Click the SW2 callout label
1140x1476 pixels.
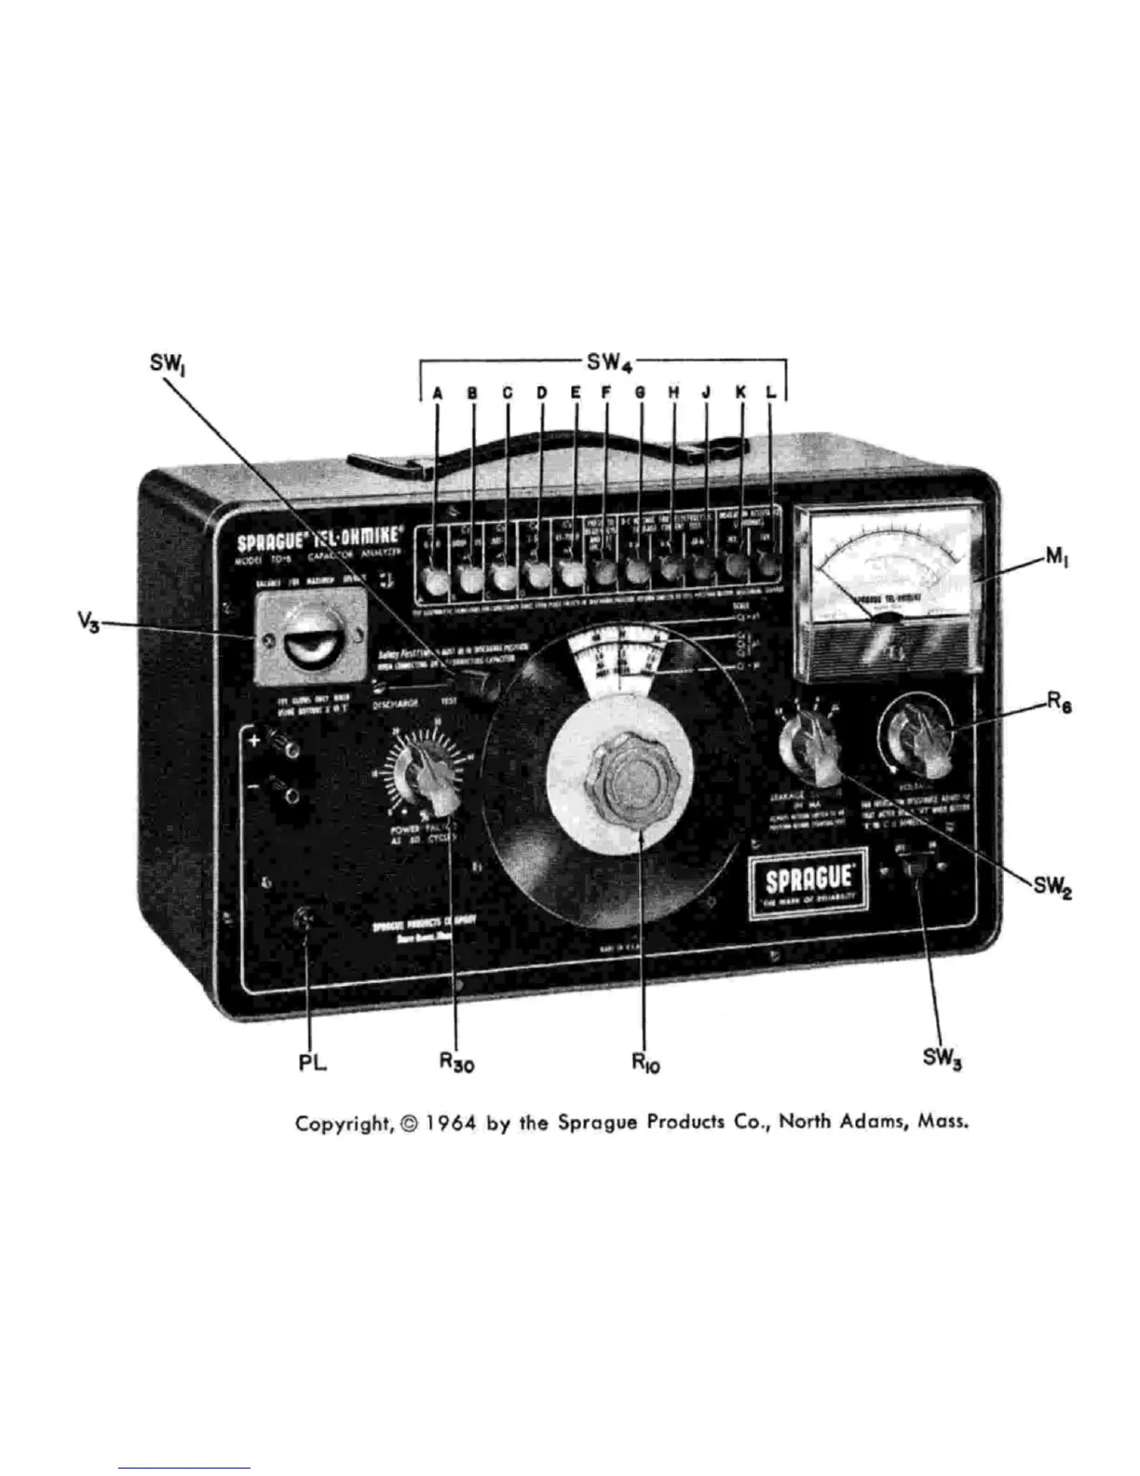tap(1052, 887)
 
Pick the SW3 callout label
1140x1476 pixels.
tap(941, 1060)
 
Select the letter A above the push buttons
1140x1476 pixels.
tap(437, 392)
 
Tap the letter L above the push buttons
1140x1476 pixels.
tap(770, 392)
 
